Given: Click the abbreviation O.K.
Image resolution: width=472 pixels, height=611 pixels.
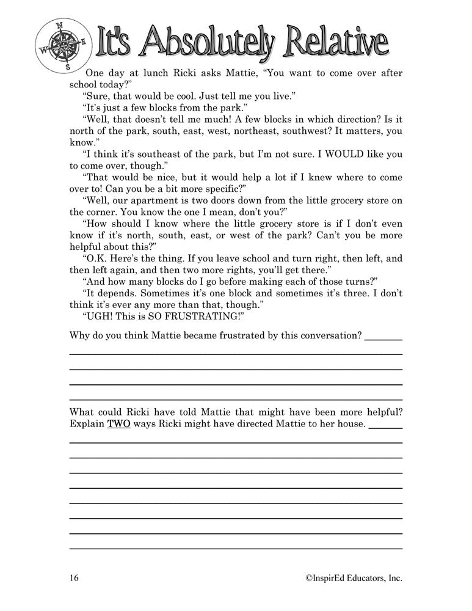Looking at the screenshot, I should click(x=97, y=258).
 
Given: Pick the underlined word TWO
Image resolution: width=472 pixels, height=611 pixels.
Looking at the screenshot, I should click(x=118, y=423).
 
